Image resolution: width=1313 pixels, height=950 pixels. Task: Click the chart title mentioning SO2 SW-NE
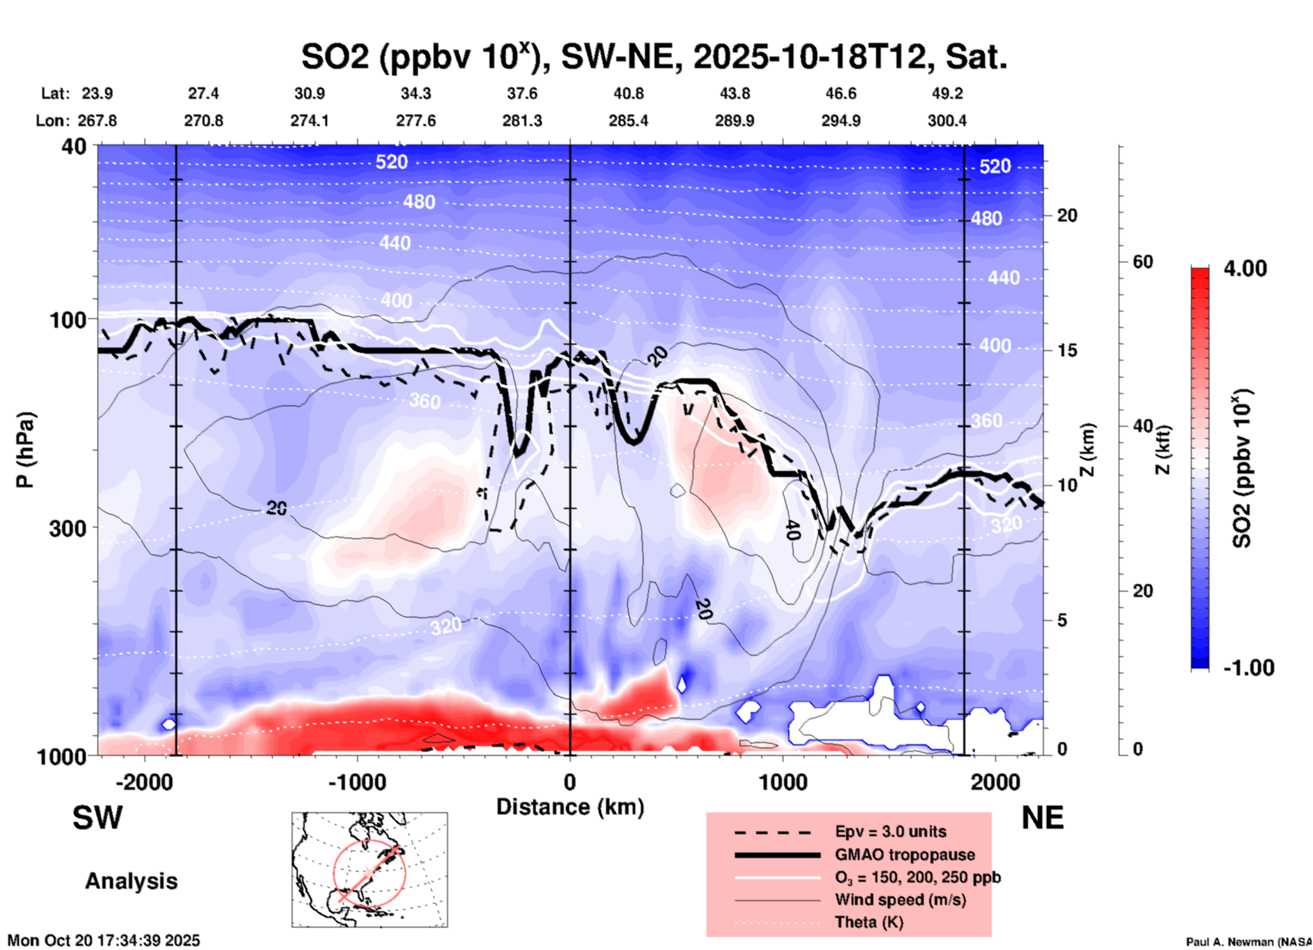654,57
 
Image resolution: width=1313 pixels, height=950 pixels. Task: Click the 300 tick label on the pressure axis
67,528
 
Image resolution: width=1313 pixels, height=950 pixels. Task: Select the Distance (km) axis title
570,807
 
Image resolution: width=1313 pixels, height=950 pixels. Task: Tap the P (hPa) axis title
25,450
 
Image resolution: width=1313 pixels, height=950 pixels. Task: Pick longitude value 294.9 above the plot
841,121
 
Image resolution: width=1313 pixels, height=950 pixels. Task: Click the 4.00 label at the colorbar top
1245,269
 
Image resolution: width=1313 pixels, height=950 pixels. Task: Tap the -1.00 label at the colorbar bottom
1248,668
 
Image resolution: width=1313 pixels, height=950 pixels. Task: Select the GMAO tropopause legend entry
905,855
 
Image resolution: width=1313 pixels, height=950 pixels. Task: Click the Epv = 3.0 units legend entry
890,831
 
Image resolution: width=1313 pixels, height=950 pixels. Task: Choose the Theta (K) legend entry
869,922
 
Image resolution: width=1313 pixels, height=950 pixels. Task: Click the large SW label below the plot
97,818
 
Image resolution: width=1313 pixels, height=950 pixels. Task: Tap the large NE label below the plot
1042,818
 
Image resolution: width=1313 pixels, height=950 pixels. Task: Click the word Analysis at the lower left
131,881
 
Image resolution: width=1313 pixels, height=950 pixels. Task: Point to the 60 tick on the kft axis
1143,262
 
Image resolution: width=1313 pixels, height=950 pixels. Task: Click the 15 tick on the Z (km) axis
1067,350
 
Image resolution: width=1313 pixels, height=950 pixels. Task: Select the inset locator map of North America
369,869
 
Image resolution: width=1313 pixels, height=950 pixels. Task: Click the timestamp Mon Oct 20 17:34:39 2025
104,940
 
